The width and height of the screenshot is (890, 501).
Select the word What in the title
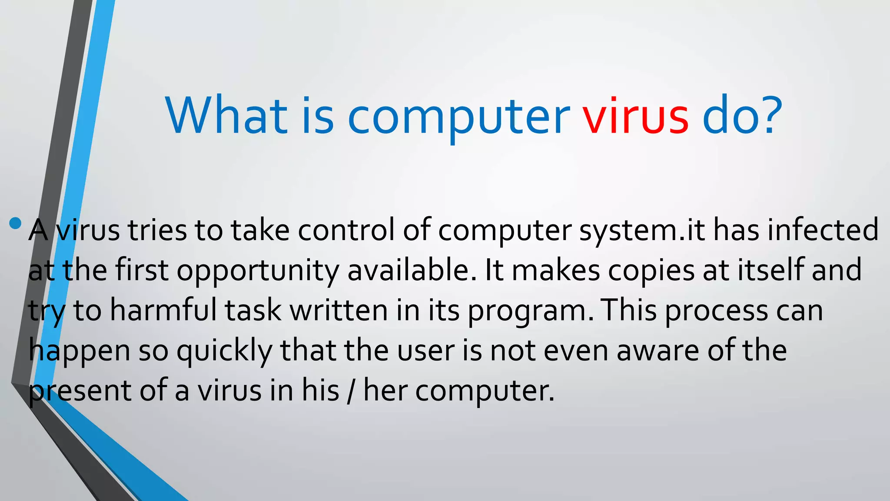click(226, 116)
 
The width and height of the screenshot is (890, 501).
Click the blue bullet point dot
click(15, 224)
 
